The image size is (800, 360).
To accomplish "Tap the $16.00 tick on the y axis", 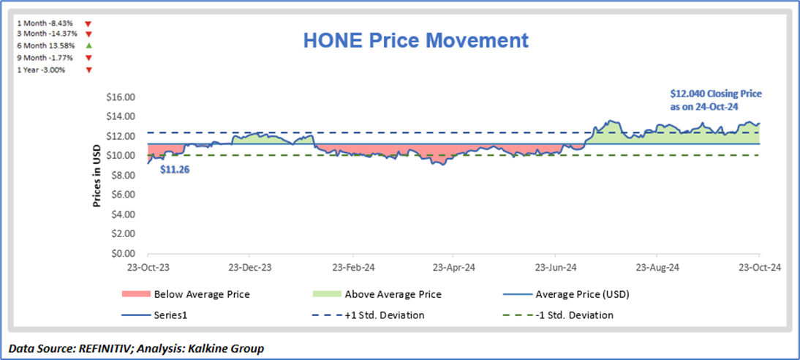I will click(x=121, y=97).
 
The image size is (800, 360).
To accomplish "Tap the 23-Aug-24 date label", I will click(x=657, y=268).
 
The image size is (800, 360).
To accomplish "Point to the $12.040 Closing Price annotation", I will click(x=716, y=100).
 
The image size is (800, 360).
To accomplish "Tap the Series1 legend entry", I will click(x=172, y=315).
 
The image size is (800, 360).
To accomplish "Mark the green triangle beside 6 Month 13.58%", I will click(x=88, y=46).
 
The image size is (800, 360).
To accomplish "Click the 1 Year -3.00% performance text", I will click(x=41, y=70).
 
